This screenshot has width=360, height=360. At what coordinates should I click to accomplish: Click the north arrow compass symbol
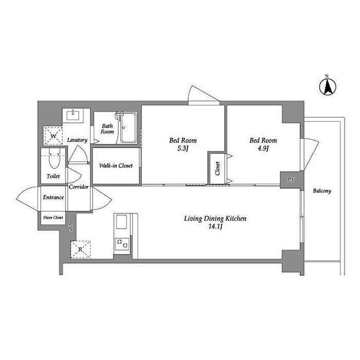328,86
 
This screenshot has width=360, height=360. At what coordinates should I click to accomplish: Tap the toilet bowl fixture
55,158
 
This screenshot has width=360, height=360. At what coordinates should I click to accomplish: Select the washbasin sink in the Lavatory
73,115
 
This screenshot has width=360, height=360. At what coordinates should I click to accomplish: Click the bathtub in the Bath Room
128,128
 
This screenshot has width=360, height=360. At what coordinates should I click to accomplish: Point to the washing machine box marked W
53,136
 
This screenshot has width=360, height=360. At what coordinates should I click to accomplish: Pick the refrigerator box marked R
80,249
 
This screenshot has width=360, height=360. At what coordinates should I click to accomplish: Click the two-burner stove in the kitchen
122,244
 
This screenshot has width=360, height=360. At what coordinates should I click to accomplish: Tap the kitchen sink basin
121,222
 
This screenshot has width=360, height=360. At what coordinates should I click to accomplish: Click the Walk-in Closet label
116,166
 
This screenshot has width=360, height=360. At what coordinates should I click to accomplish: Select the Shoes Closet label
53,217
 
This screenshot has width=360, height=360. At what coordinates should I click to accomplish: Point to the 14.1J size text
215,227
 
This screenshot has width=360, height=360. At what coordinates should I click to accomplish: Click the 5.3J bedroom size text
183,149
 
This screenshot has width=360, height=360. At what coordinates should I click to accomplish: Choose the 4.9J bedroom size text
263,148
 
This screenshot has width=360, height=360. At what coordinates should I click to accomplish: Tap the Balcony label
322,191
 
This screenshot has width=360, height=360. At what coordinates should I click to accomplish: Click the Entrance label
53,197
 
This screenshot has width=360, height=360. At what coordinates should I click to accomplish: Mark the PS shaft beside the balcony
291,180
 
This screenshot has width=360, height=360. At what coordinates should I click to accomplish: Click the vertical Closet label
218,169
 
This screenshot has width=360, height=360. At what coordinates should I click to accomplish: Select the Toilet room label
53,176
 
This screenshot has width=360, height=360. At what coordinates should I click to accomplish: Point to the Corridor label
79,187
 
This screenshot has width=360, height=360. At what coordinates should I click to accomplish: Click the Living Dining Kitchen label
215,219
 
